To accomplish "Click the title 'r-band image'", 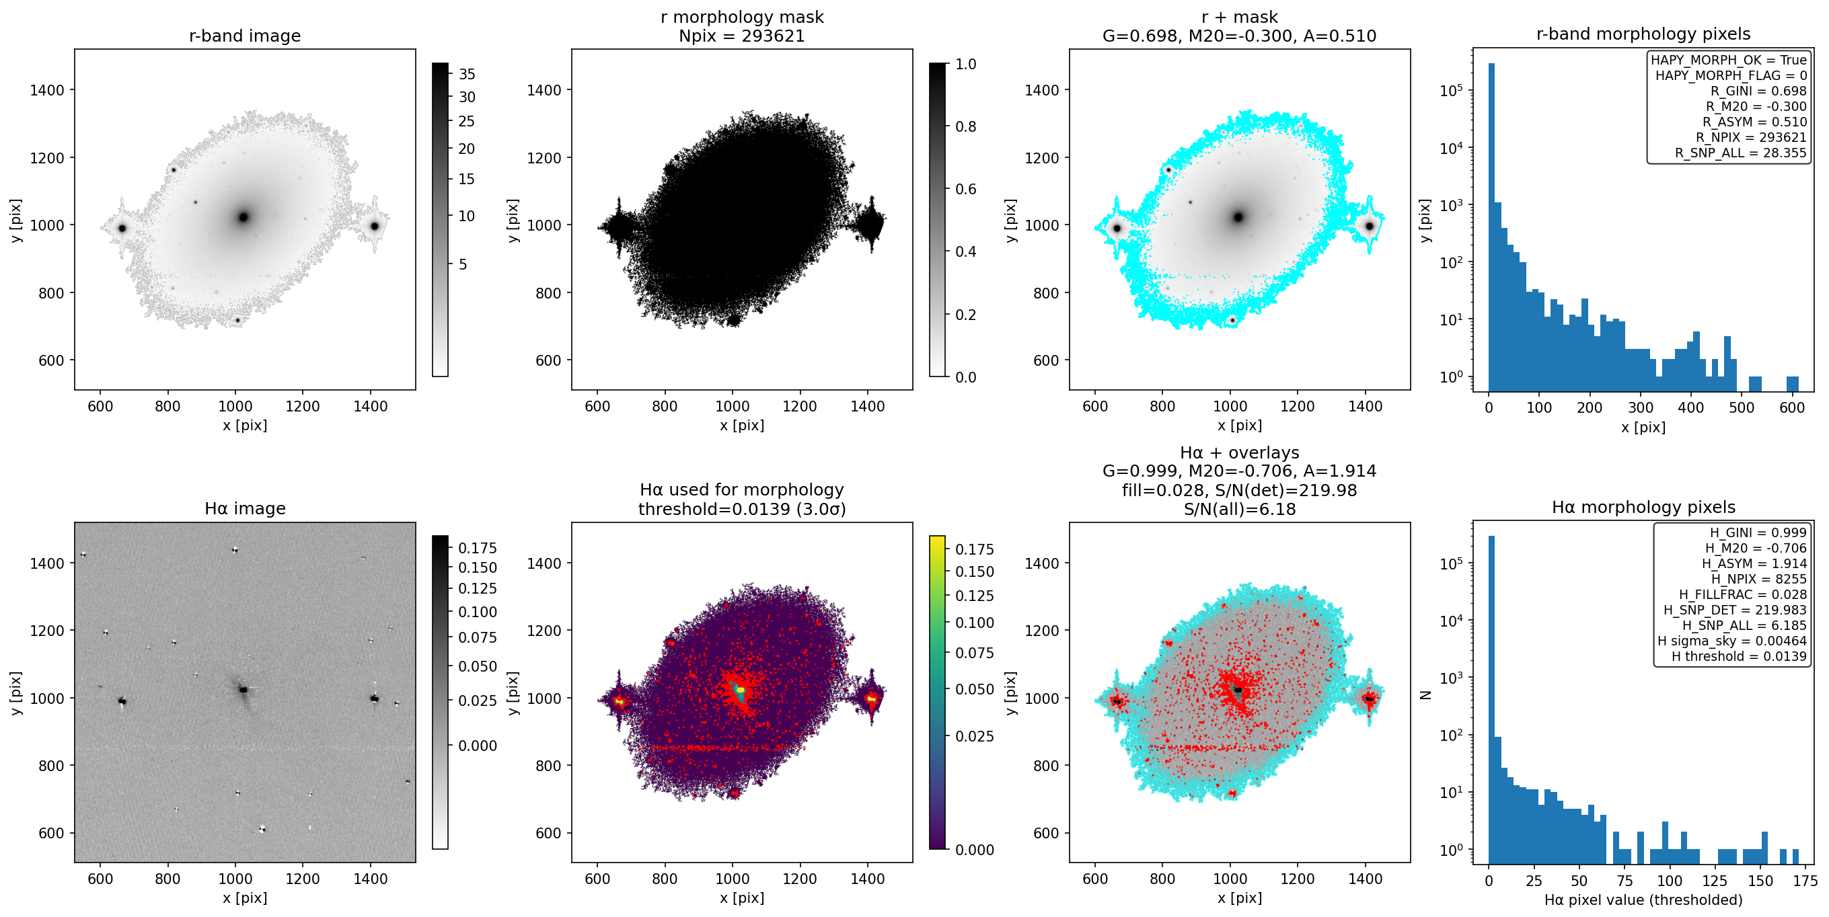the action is [245, 36].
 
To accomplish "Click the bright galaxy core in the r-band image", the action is [244, 216].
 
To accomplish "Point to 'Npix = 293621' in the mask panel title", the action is [742, 36].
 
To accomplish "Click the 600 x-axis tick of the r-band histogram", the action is [1792, 407].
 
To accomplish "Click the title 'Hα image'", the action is [245, 508].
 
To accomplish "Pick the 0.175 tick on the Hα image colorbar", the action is [478, 548].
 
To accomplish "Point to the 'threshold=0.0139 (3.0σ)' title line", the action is [742, 509].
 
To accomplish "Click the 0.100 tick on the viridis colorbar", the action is [975, 623].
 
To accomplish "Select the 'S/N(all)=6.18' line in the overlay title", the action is [1240, 509].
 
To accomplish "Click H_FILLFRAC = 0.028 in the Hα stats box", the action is [1743, 595].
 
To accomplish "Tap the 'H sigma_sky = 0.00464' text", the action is [1732, 641].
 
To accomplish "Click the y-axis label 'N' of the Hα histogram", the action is [1424, 695].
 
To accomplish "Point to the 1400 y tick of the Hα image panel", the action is [47, 563].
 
